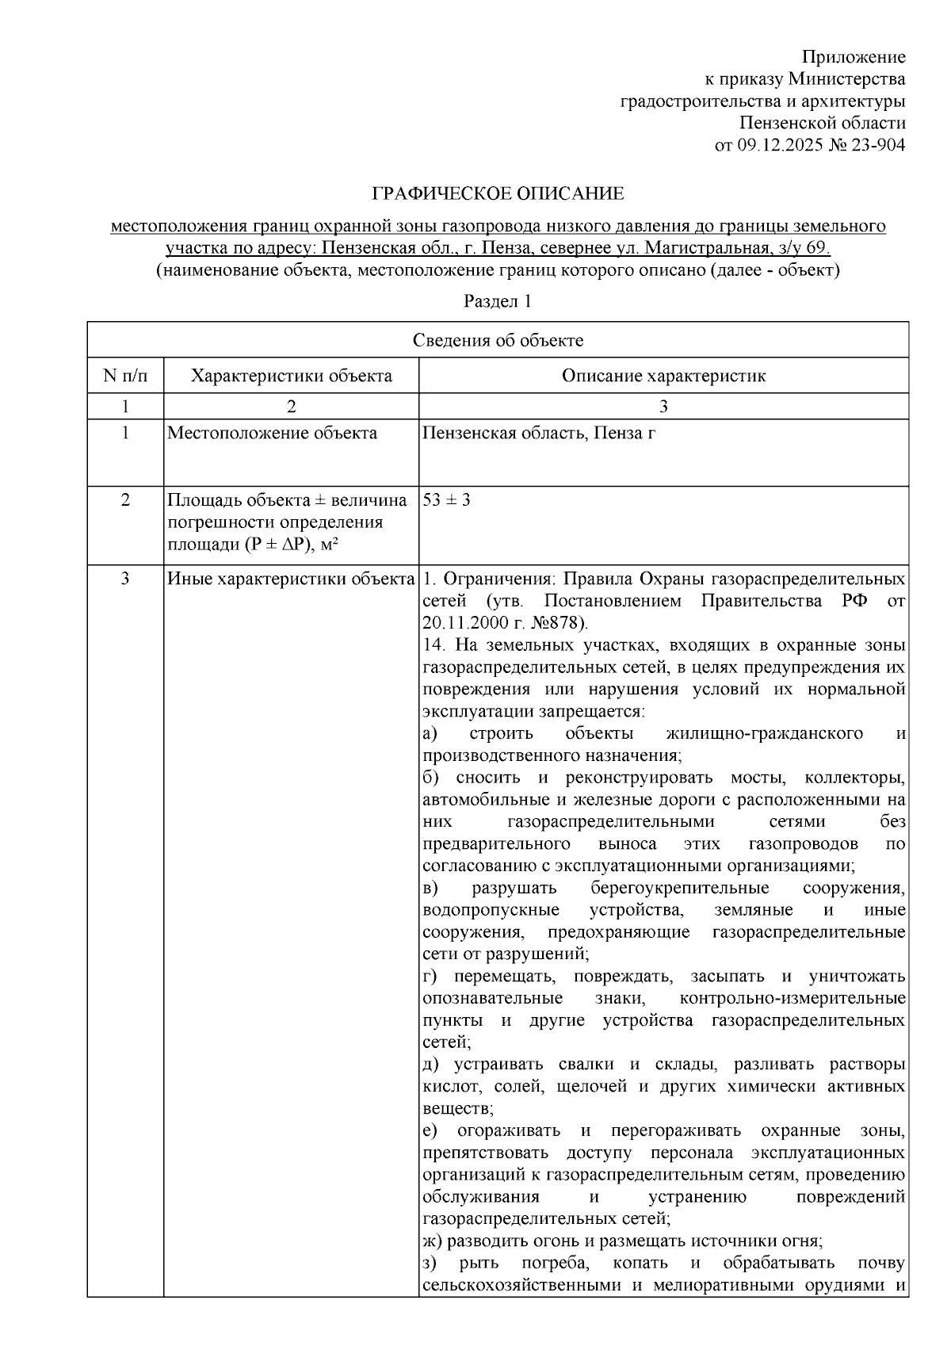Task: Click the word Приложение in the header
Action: click(x=853, y=57)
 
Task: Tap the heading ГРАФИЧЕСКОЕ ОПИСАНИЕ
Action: click(x=498, y=193)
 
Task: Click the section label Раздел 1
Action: click(x=498, y=301)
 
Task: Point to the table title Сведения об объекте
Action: click(x=498, y=340)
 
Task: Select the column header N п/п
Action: click(x=125, y=375)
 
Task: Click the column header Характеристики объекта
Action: click(x=291, y=375)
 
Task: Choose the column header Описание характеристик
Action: click(x=663, y=375)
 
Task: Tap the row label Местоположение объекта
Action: click(x=272, y=433)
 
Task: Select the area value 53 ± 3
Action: click(x=447, y=500)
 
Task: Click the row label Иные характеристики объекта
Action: click(x=291, y=579)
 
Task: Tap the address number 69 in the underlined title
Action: click(x=817, y=248)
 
